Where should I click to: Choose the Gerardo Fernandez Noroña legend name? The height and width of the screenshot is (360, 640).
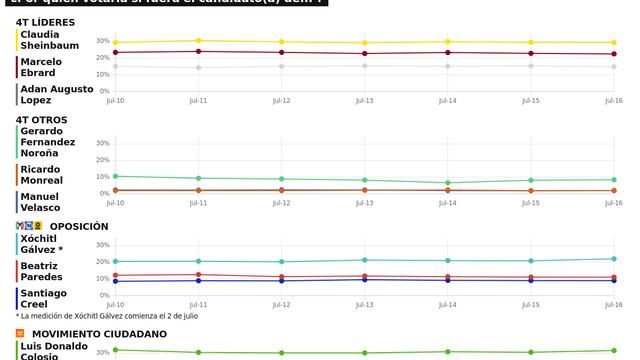click(48, 142)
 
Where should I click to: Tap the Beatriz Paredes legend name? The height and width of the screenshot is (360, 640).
click(42, 271)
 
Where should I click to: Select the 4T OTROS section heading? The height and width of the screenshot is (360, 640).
click(42, 119)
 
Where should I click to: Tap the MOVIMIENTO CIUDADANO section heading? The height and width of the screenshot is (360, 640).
click(99, 334)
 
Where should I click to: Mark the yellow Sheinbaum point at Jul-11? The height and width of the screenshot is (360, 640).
click(199, 41)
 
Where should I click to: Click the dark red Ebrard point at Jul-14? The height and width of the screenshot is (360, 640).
click(448, 52)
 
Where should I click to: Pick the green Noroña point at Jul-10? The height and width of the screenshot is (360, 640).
click(115, 176)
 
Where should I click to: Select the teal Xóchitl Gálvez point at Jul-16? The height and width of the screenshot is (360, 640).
click(612, 259)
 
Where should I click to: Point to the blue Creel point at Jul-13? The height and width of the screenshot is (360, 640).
click(365, 279)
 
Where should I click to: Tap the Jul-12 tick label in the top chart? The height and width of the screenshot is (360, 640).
click(282, 101)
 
